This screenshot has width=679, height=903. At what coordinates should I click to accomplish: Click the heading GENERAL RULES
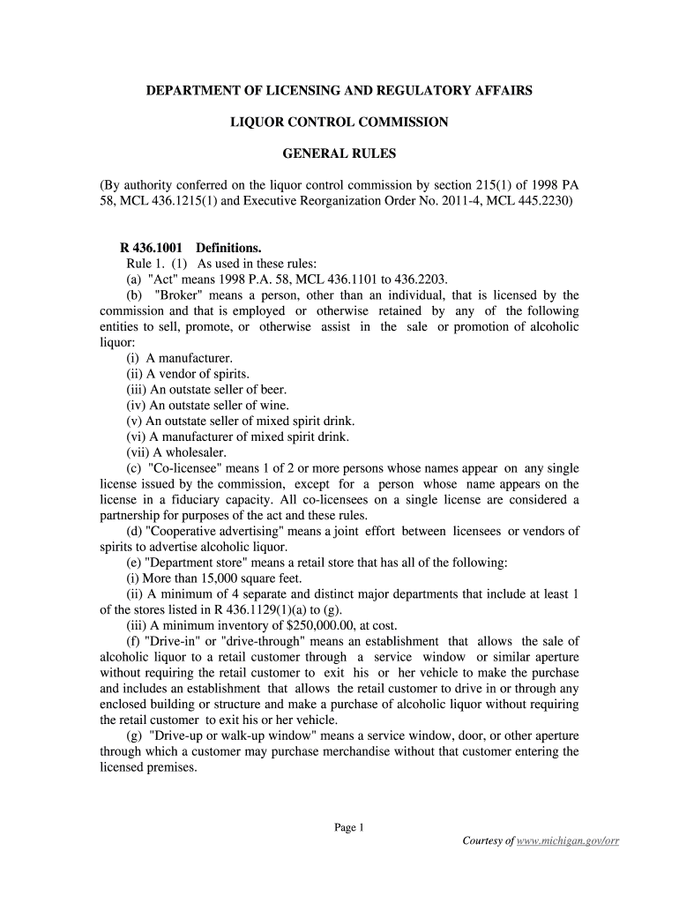click(x=339, y=153)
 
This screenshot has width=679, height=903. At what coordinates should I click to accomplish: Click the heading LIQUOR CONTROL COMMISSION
click(x=339, y=122)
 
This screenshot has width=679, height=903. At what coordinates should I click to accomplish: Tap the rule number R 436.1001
click(x=151, y=248)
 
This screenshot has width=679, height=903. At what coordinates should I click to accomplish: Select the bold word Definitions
click(x=228, y=248)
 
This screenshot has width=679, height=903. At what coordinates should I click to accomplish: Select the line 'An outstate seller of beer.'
click(x=206, y=389)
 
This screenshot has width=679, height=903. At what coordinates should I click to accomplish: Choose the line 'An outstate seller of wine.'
click(x=206, y=405)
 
